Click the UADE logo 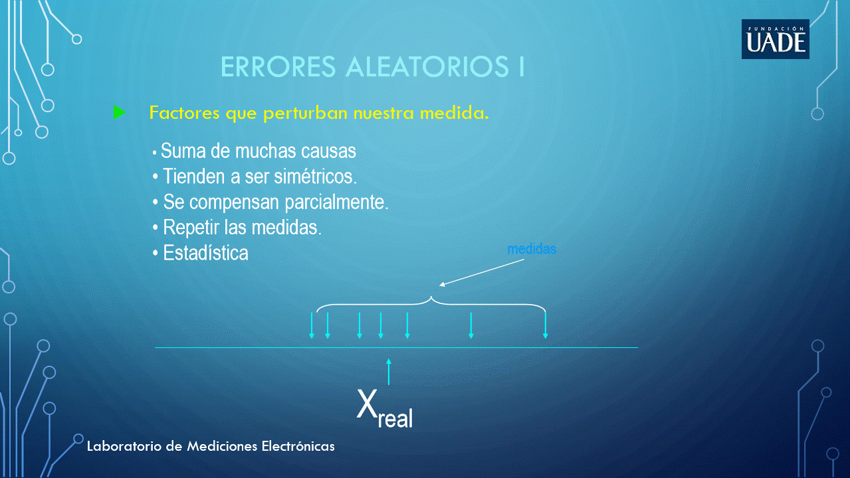tap(776, 39)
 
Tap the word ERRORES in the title tap(278, 66)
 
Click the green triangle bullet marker tap(119, 112)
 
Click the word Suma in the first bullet tap(183, 151)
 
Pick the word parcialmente tap(336, 202)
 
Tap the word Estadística tap(205, 253)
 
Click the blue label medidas tap(532, 249)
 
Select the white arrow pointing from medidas tap(482, 273)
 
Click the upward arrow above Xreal tap(389, 372)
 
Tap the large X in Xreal tap(367, 404)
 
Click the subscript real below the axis tap(395, 419)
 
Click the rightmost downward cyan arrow tap(546, 325)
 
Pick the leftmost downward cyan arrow tap(312, 325)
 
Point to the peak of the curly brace tap(431, 297)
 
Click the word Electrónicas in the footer tap(298, 446)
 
